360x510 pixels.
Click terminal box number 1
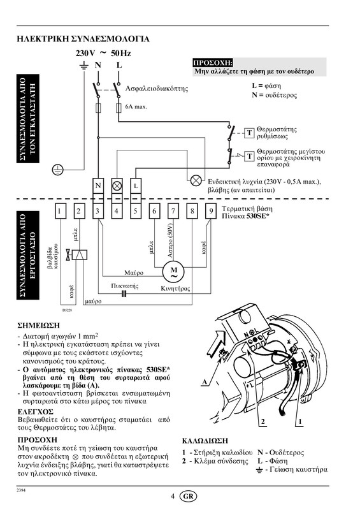60,211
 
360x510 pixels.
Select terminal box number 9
211,211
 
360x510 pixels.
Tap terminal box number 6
154,211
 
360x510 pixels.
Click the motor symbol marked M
174,273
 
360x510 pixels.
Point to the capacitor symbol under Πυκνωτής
124,294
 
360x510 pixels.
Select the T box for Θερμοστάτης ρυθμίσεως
249,133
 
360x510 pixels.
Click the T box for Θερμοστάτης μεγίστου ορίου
249,156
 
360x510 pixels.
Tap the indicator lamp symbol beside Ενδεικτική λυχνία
196,180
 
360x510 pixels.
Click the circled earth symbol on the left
58,170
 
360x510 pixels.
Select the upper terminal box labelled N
98,186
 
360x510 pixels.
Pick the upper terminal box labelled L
136,186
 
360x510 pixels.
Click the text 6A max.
136,106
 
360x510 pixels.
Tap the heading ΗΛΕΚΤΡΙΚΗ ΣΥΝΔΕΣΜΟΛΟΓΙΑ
83,39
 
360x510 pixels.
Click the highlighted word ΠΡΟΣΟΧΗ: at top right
213,62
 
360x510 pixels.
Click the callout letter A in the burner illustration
205,381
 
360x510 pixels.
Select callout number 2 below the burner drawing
263,422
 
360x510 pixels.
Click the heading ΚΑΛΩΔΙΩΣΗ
205,441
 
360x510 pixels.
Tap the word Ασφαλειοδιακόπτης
157,89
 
